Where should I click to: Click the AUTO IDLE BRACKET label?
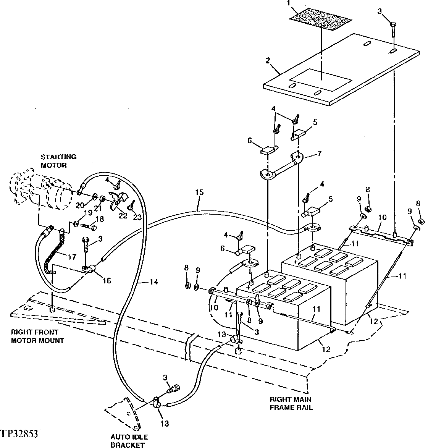click(x=129, y=441)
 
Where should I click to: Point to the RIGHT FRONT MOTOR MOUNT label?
click(x=37, y=336)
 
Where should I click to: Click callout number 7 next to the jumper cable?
click(x=319, y=154)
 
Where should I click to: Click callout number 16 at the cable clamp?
click(x=107, y=281)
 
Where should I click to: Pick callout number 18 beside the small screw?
click(x=99, y=219)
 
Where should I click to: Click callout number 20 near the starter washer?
click(x=79, y=205)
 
